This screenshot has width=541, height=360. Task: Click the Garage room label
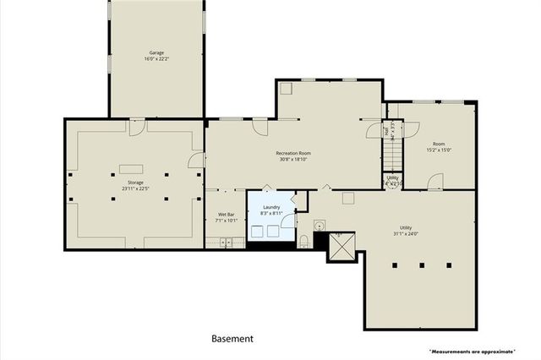(156, 56)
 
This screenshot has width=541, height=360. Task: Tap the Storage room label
(135, 185)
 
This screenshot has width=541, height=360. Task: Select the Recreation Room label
(293, 155)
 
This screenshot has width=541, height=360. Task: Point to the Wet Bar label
(226, 217)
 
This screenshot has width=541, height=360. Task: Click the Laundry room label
(271, 210)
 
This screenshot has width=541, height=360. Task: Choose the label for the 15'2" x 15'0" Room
(439, 147)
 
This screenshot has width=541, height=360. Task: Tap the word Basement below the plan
(232, 339)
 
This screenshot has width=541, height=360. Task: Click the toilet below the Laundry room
(303, 242)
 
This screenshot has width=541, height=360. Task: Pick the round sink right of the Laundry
(320, 226)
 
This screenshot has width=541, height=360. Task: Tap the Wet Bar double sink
(227, 243)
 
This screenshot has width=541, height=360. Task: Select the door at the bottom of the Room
(434, 183)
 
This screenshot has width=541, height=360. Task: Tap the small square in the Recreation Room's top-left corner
(285, 88)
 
